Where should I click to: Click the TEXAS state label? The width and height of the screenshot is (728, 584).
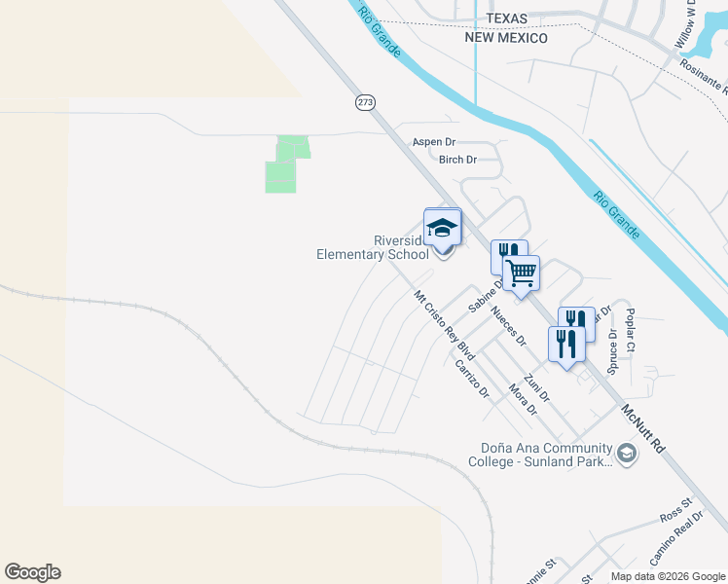[x=506, y=19]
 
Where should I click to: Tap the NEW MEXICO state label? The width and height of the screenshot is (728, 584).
[x=506, y=38]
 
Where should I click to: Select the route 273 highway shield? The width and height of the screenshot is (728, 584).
[x=365, y=101]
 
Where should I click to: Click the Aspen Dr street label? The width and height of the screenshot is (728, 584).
[x=434, y=142]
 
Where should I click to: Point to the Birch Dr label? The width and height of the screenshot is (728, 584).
[x=457, y=160]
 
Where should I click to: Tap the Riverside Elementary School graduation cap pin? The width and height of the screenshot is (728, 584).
[x=443, y=229]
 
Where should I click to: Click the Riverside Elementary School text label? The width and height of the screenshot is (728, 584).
[x=374, y=248]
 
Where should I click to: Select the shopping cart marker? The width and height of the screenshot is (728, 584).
[x=522, y=274]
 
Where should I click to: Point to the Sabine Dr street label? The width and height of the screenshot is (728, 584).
[x=484, y=295]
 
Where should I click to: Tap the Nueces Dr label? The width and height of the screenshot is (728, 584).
[x=509, y=327]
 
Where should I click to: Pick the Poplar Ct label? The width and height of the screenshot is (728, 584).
[x=631, y=331]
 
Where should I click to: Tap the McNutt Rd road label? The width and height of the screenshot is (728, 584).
[x=643, y=428]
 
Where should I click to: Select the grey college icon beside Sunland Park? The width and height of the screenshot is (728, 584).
[x=626, y=453]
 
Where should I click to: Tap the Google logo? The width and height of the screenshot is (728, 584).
[x=32, y=572]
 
